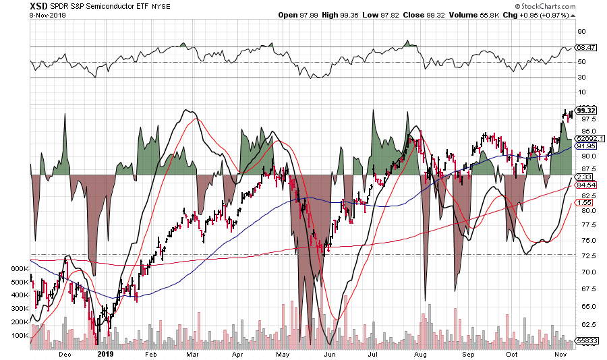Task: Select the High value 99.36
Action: [x=366, y=15]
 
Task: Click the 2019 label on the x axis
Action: [x=106, y=353]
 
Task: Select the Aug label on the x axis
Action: [x=421, y=353]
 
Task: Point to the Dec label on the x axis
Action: [x=65, y=353]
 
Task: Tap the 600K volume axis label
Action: [x=20, y=268]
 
